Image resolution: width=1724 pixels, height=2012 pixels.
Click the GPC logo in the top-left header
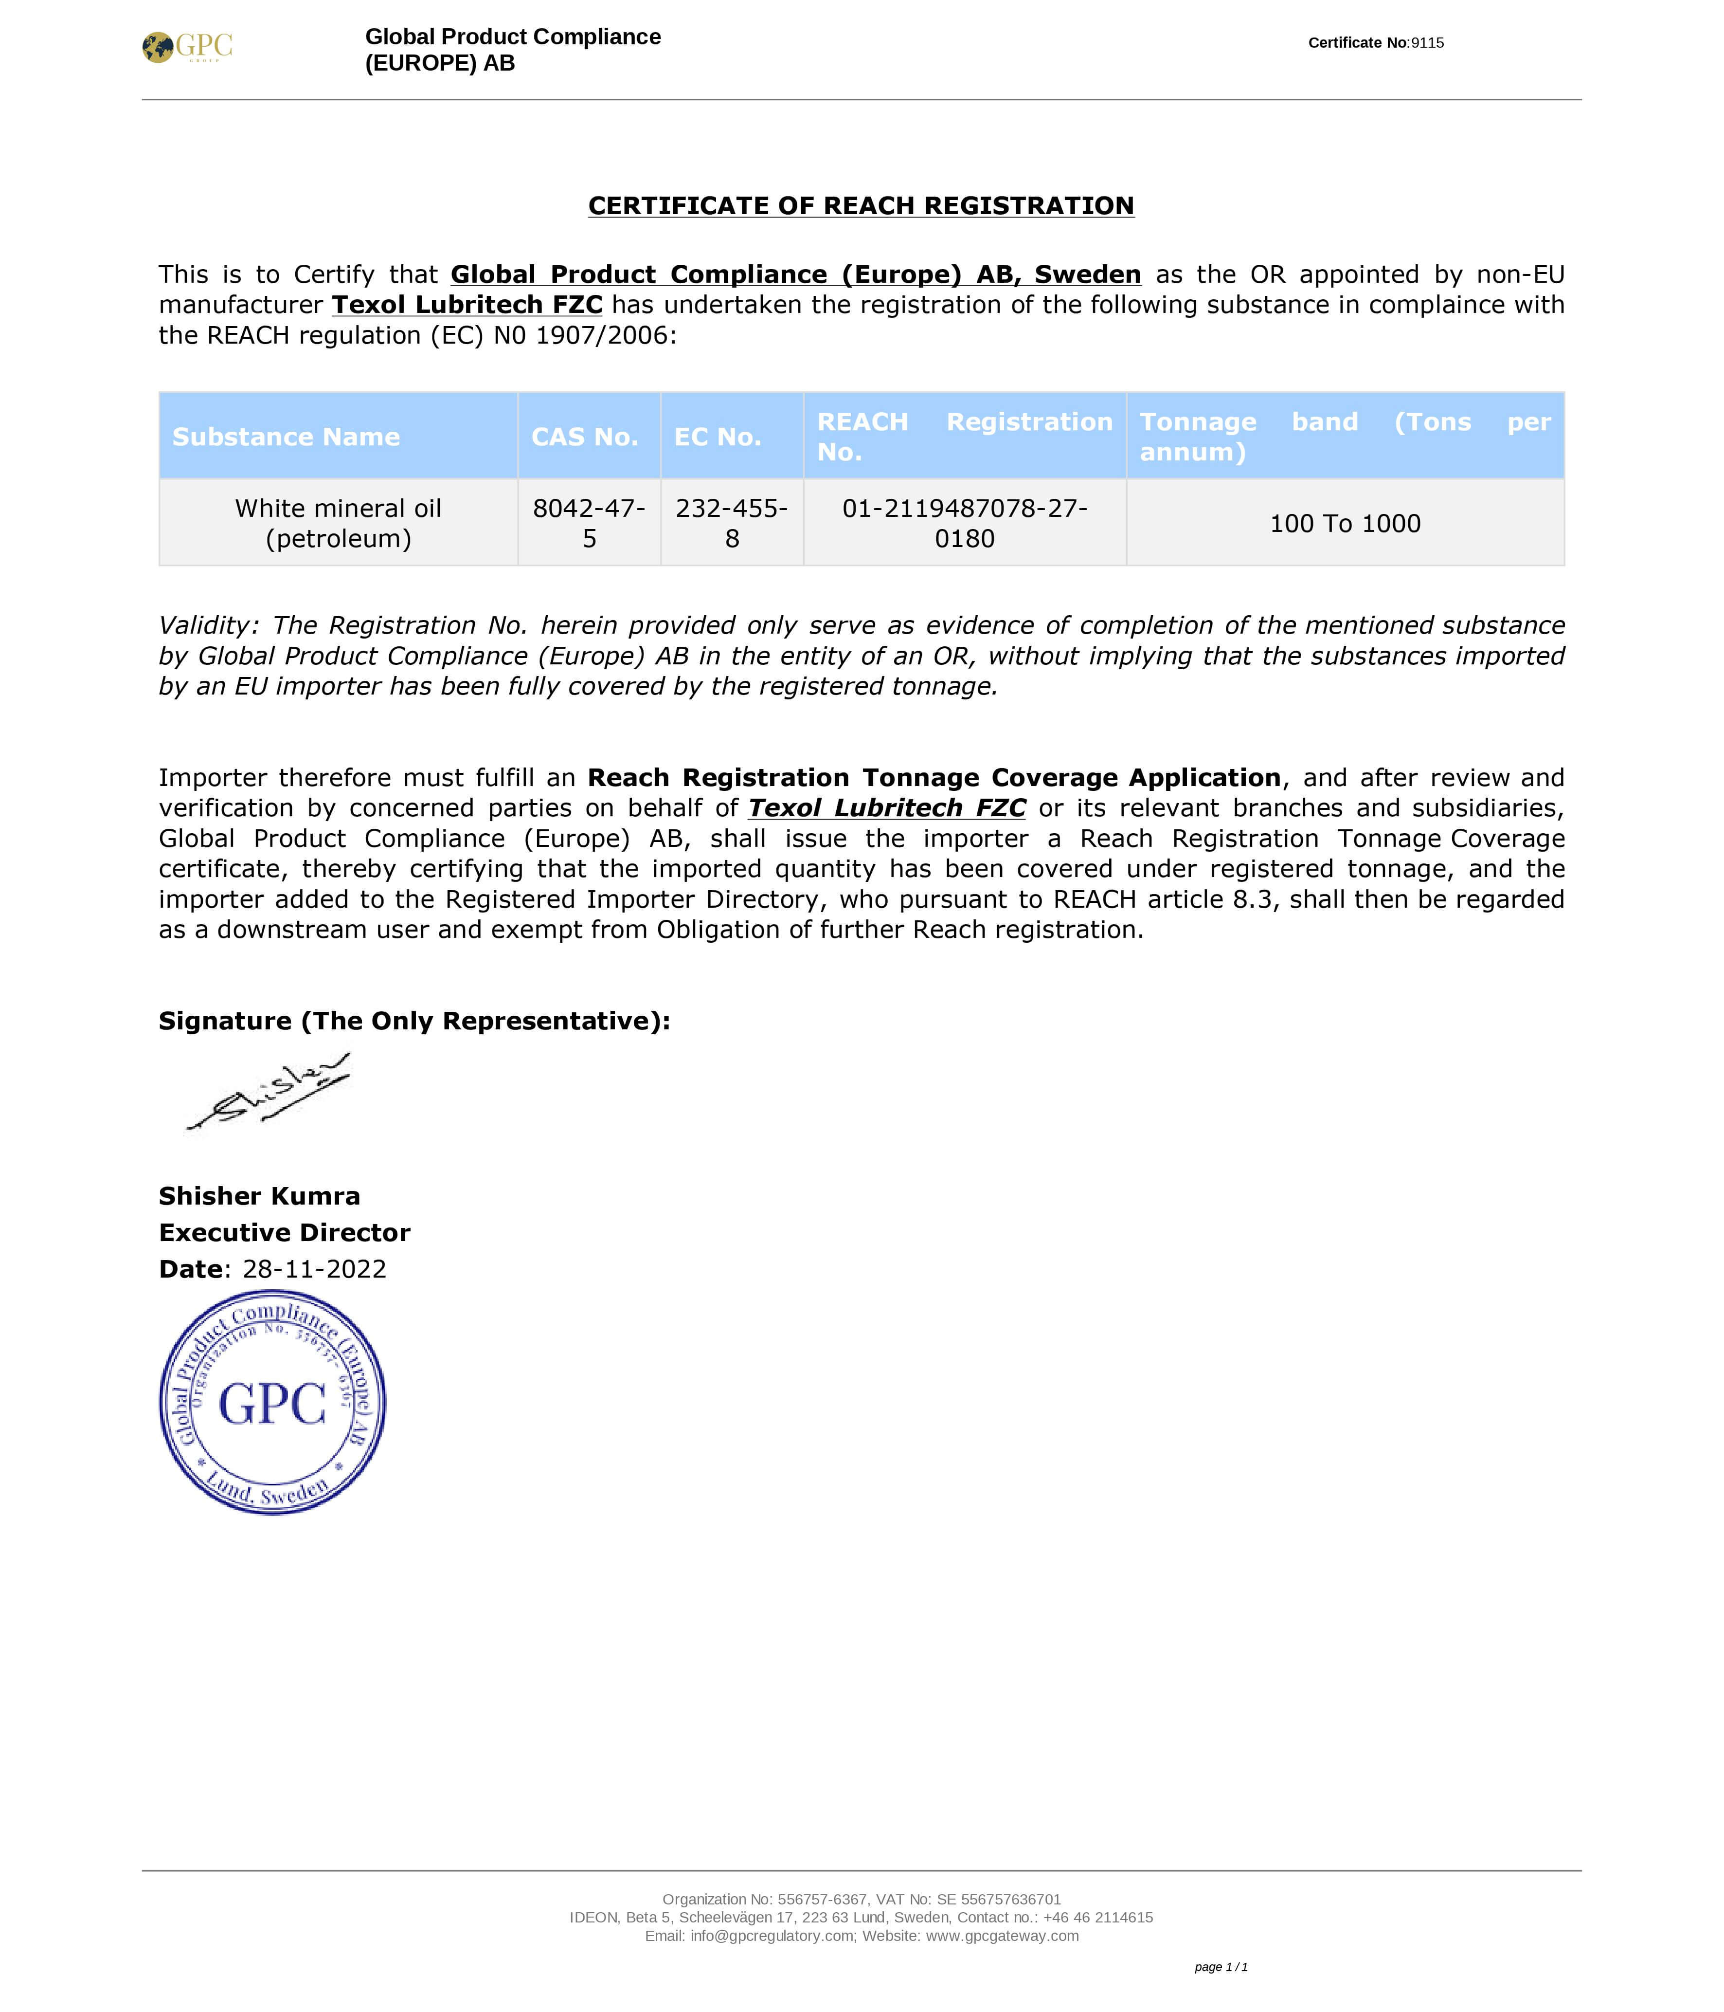tap(187, 47)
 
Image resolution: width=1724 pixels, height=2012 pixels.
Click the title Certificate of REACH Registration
tap(861, 206)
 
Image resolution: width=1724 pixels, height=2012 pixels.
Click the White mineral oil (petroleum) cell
tap(338, 523)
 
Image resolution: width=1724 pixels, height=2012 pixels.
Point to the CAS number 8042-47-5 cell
tap(589, 523)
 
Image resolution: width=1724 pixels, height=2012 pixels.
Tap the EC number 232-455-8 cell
tap(732, 523)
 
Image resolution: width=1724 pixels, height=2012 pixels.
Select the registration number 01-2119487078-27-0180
tap(965, 523)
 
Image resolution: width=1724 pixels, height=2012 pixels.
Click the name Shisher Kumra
tap(259, 1196)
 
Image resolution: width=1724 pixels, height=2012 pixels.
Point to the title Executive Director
tap(285, 1233)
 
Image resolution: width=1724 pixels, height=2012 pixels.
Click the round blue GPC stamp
tap(273, 1403)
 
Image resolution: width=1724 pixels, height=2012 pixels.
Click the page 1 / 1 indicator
tap(1220, 1967)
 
